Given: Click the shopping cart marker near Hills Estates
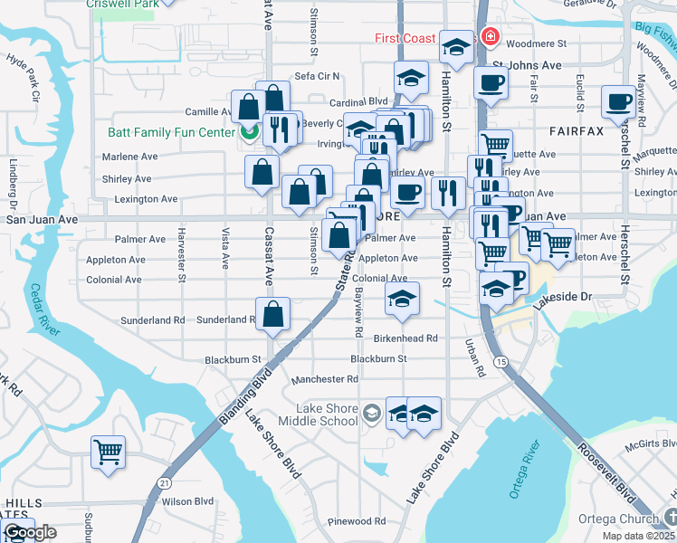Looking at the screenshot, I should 108,451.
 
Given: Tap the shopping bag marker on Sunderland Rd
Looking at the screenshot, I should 272,315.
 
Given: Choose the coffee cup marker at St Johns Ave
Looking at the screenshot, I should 491,83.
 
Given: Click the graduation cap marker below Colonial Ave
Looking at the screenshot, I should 402,297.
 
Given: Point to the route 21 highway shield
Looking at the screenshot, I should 164,483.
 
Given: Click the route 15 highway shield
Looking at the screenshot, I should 500,361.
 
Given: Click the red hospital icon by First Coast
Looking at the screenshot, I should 490,37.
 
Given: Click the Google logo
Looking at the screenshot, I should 30,532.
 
